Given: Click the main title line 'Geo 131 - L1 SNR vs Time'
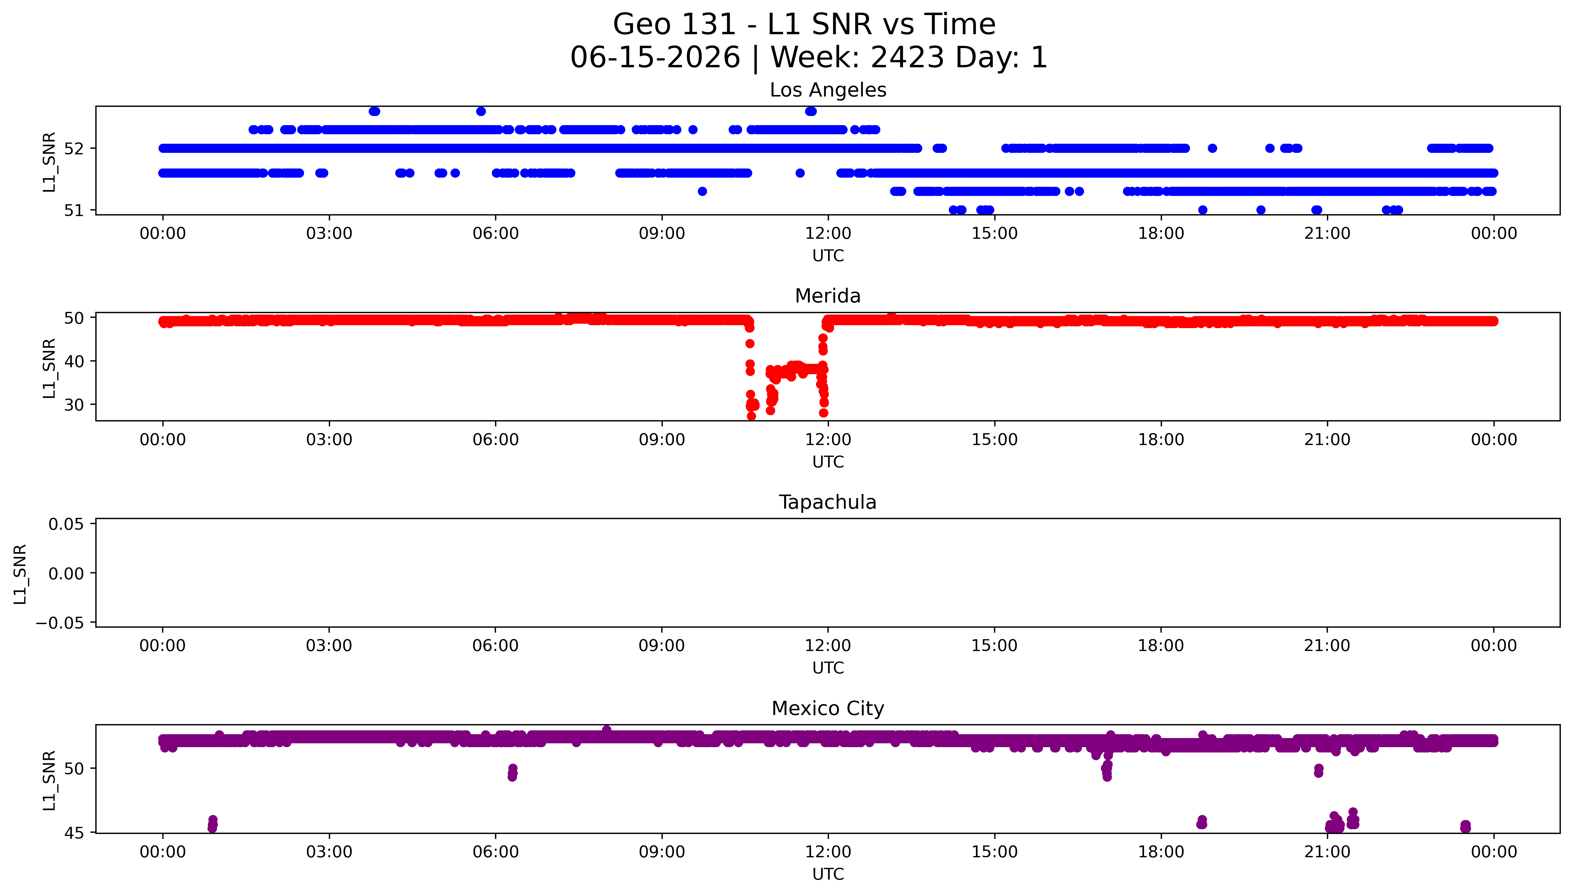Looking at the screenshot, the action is tap(804, 24).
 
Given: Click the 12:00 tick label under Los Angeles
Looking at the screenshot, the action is tap(828, 234).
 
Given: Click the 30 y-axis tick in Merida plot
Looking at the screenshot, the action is tap(74, 405).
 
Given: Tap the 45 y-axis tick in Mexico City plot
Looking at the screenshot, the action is tap(74, 833).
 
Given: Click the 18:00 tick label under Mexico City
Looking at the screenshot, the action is tap(1161, 852).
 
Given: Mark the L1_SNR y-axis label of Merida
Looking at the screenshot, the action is tap(49, 368).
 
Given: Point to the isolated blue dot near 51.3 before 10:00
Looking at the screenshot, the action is tap(702, 191).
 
